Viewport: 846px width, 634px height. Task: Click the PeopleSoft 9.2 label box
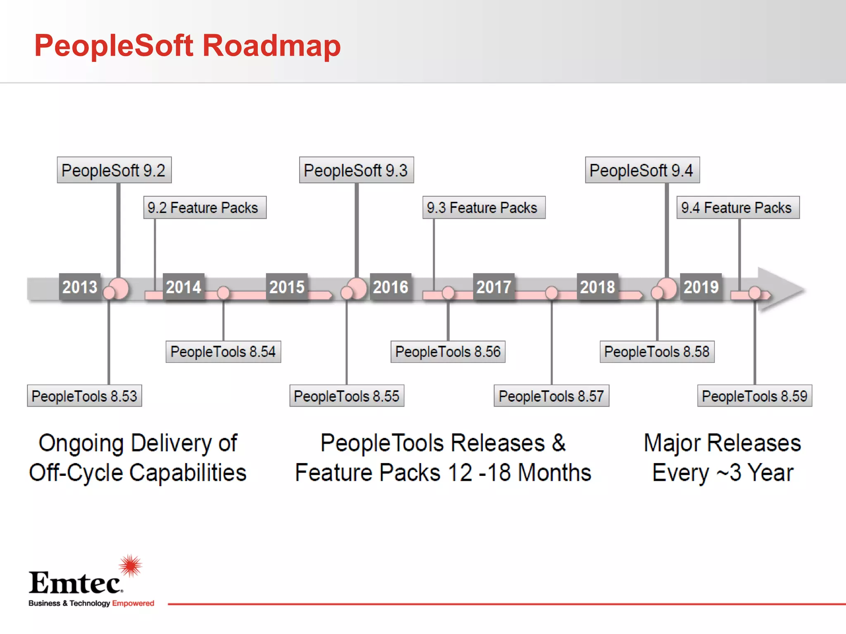tap(114, 170)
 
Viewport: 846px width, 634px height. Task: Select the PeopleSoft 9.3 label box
tap(356, 170)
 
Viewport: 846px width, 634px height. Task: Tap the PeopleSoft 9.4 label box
tap(642, 170)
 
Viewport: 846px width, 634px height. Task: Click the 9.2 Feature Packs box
tap(204, 208)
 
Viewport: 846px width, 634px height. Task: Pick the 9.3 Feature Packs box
tap(484, 208)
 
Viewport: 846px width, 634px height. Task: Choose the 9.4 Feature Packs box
tap(738, 208)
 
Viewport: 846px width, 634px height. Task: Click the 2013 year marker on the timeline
tap(80, 287)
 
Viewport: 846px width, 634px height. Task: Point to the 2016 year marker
tap(390, 287)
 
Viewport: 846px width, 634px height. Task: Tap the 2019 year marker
tap(701, 287)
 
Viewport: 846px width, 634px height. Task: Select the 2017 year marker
tap(494, 287)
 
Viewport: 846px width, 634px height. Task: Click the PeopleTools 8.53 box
tap(84, 396)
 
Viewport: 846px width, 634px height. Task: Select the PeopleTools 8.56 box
tap(448, 352)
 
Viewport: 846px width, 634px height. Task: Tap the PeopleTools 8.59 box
tap(754, 396)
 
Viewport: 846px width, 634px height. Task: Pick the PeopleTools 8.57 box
tap(551, 396)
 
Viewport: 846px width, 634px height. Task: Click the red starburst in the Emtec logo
tap(131, 565)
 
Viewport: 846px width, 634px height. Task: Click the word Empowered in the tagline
tap(133, 603)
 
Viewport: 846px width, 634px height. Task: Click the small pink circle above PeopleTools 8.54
tap(223, 293)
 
